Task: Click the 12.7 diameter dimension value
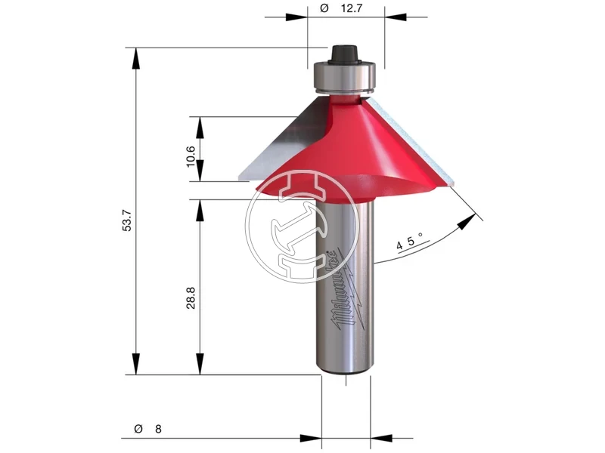click(352, 8)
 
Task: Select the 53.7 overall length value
click(127, 220)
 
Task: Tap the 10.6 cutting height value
click(191, 156)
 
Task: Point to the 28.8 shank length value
click(191, 297)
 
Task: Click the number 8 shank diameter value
click(158, 429)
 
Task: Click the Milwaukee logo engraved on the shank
click(346, 291)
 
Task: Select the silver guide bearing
click(343, 77)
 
